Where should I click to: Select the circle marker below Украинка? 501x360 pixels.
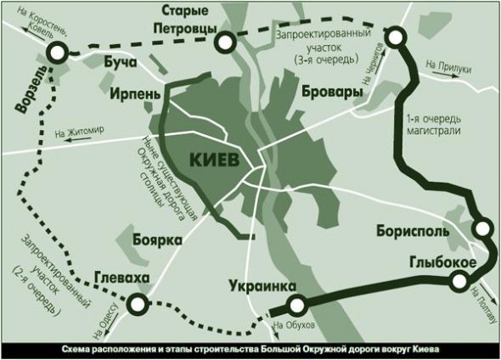[296, 306]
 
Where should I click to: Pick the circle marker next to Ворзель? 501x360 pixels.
[56, 53]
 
